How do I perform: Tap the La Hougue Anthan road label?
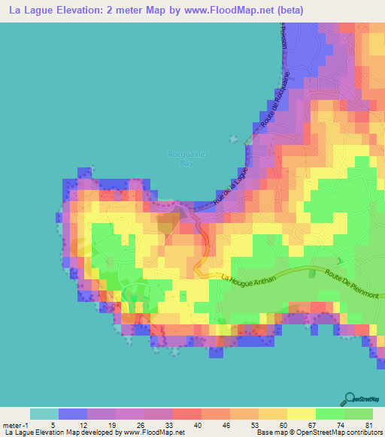[252, 279]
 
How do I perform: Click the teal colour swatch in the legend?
[44, 413]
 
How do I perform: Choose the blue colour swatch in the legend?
[73, 413]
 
